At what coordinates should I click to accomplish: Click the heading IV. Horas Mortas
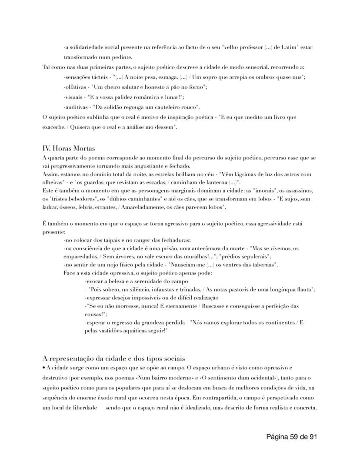69,148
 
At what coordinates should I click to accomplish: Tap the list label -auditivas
76,107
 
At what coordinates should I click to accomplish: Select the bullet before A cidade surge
44,367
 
